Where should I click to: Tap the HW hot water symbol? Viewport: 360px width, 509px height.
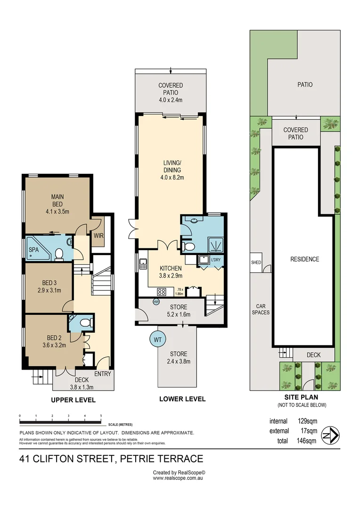[x=156, y=302]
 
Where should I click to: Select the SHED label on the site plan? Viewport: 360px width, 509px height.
[x=256, y=263]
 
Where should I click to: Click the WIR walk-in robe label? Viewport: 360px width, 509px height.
[x=99, y=235]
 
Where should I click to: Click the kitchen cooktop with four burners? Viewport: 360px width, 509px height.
[x=163, y=291]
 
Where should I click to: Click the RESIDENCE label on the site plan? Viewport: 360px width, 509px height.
[x=304, y=259]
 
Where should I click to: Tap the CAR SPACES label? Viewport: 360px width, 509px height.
[x=260, y=309]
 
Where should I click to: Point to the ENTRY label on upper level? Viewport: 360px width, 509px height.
[x=103, y=374]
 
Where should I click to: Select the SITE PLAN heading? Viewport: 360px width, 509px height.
[x=302, y=397]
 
